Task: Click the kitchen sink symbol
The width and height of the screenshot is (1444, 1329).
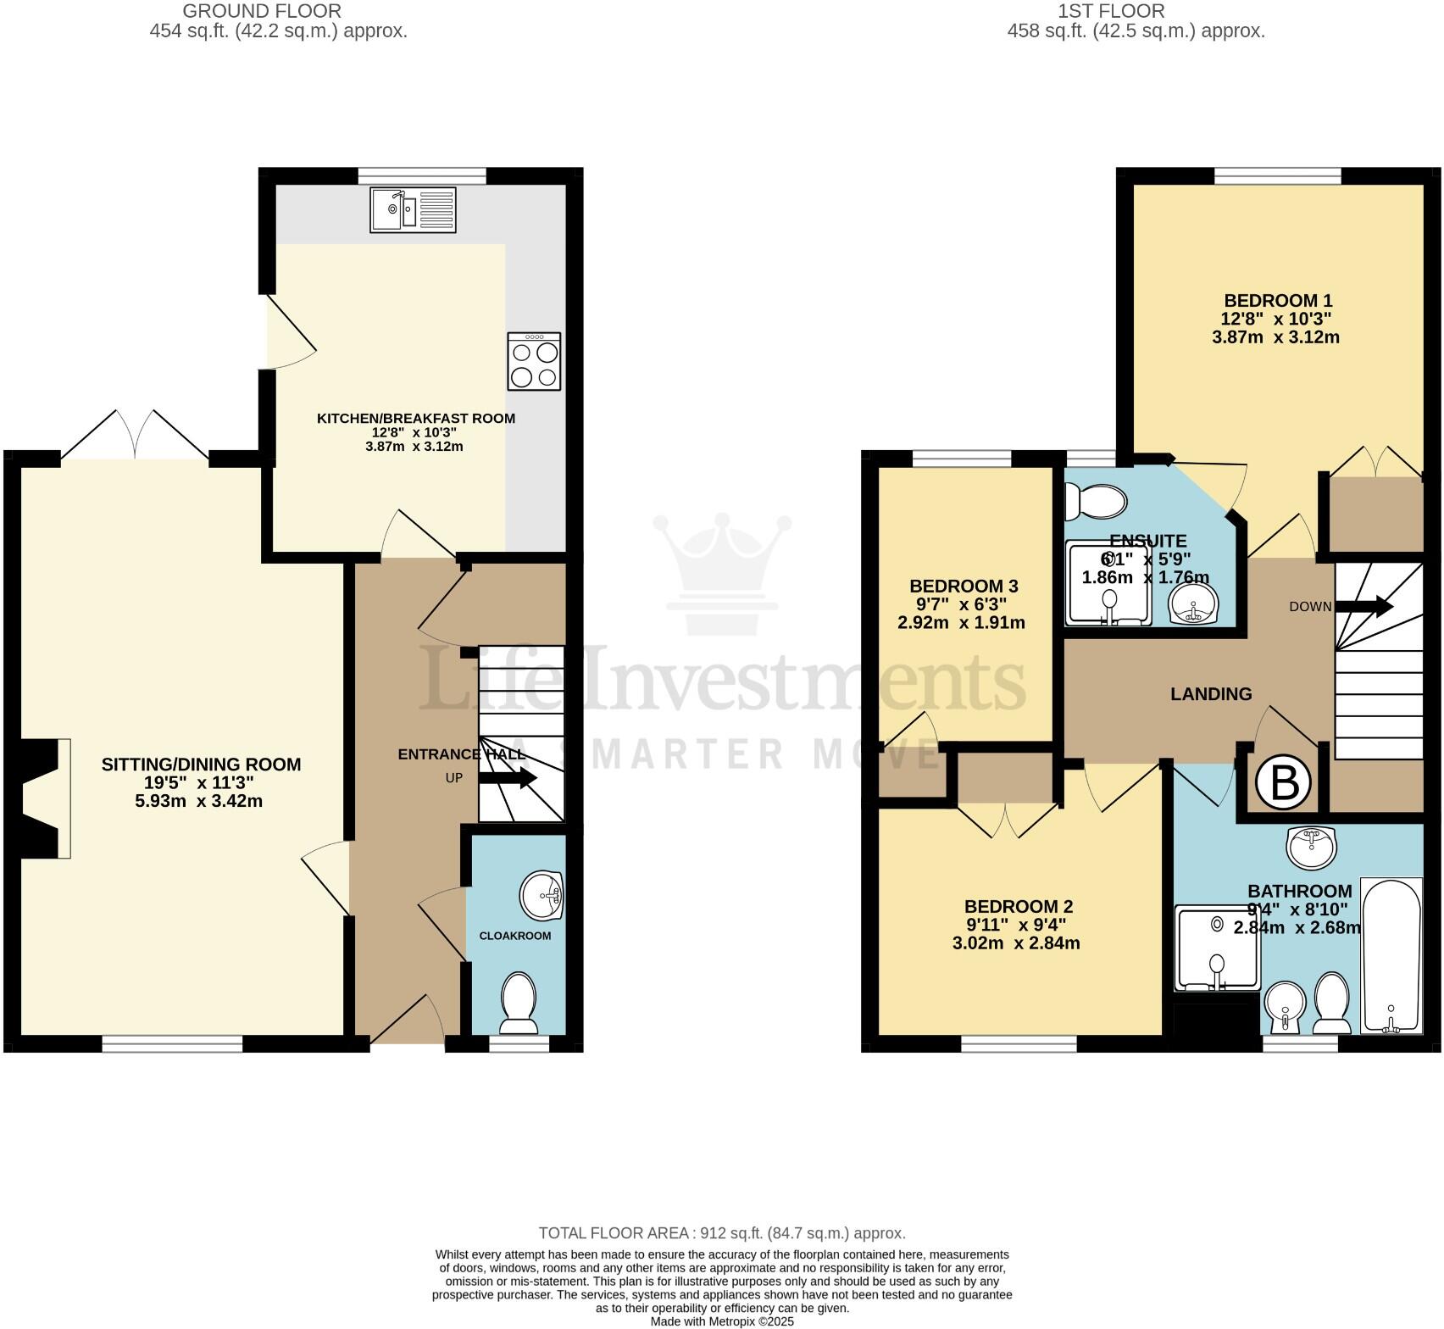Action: click(x=413, y=209)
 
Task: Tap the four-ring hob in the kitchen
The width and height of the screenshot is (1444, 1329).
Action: click(x=534, y=362)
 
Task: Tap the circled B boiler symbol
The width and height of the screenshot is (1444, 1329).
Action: click(x=1284, y=783)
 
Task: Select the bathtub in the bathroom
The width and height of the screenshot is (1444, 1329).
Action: click(x=1391, y=955)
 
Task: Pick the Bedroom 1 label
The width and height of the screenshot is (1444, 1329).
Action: click(x=1278, y=301)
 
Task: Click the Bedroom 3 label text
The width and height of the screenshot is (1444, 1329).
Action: click(x=964, y=587)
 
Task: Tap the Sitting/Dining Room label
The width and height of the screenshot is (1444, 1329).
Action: click(x=201, y=765)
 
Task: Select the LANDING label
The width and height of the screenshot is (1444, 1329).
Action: click(x=1210, y=694)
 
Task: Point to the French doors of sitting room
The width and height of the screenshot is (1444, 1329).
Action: click(x=135, y=437)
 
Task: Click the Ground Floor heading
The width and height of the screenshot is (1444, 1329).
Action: click(x=262, y=11)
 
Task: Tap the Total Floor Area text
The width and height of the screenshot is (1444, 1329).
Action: click(x=721, y=1233)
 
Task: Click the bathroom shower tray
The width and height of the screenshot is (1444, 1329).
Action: click(x=1217, y=948)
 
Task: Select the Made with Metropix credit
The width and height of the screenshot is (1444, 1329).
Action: click(x=721, y=1321)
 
